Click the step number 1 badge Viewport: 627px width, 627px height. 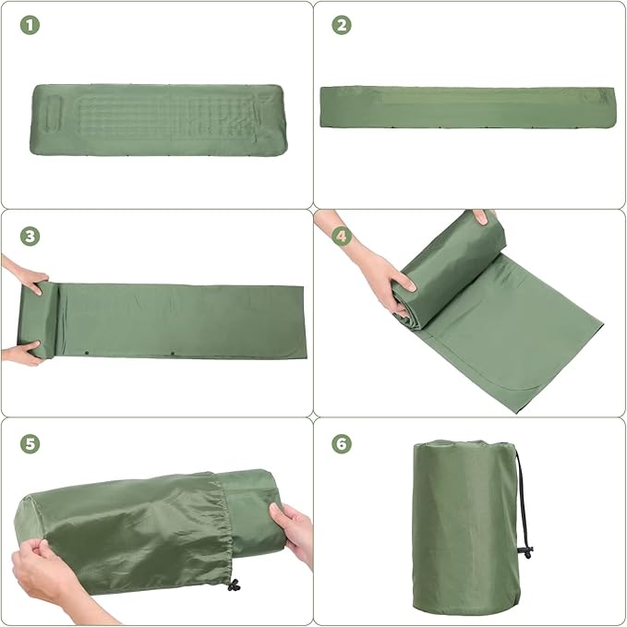coord(31,26)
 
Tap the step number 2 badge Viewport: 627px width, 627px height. coord(342,26)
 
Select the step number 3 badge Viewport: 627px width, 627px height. coord(31,236)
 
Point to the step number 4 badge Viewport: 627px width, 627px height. coord(342,236)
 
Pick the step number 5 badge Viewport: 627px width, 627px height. coord(31,443)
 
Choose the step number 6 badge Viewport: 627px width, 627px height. coord(342,443)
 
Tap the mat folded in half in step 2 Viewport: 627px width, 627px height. coord(467,107)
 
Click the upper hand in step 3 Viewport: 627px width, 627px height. coord(24,277)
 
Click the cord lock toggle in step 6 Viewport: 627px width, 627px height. coord(527,551)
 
